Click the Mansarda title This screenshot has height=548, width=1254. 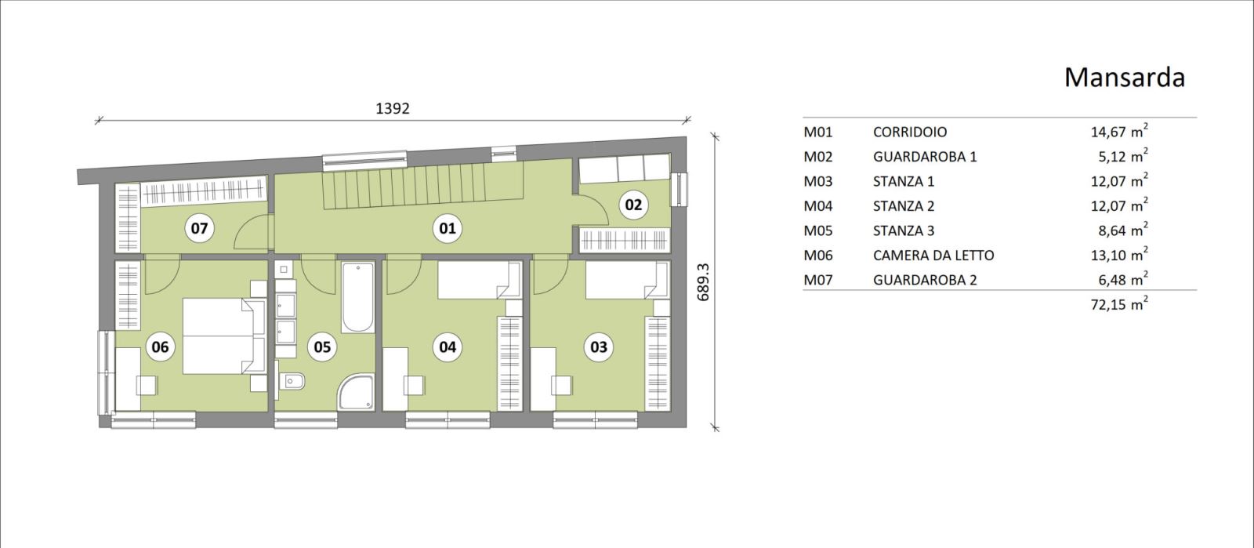1124,78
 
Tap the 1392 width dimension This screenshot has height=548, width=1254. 393,109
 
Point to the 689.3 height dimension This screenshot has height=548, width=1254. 704,282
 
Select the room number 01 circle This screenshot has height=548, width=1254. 448,228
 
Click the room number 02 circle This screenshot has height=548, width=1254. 633,205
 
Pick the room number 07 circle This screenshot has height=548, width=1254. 199,228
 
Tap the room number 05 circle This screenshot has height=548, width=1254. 322,347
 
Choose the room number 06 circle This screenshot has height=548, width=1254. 160,347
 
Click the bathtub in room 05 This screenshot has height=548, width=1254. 357,298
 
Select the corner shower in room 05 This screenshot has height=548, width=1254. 356,393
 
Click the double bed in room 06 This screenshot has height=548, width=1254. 224,336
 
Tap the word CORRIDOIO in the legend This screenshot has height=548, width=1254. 910,132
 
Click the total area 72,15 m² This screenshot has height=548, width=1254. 1118,303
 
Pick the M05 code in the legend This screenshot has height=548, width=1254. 818,230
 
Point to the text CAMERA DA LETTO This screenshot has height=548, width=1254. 933,256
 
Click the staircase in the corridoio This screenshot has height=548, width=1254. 423,187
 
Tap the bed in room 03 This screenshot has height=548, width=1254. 627,280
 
